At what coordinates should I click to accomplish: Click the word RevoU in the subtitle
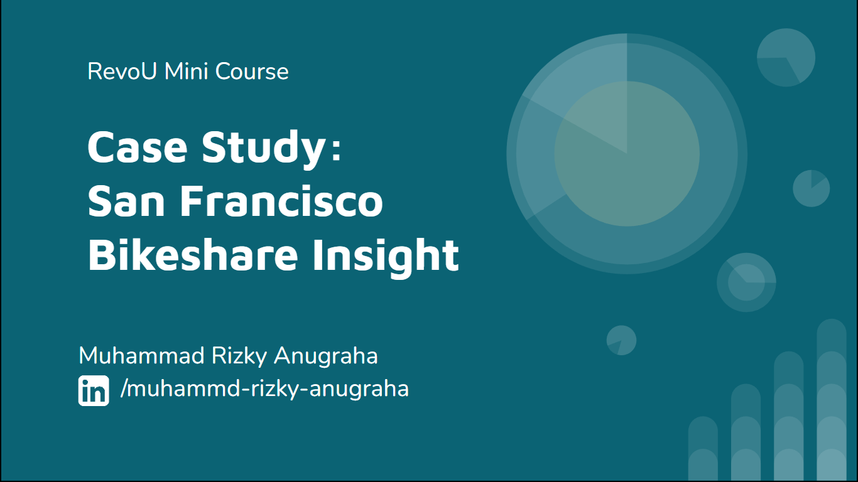pyautogui.click(x=122, y=71)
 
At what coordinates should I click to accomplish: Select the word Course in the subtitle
pyautogui.click(x=252, y=71)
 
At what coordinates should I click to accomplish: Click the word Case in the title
pyautogui.click(x=138, y=147)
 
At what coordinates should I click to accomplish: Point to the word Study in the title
pyautogui.click(x=264, y=149)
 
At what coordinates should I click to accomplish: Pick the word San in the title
pyautogui.click(x=126, y=201)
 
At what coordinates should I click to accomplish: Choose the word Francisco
pyautogui.click(x=281, y=201)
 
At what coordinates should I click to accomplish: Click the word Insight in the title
pyautogui.click(x=386, y=257)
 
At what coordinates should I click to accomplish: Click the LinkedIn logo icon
pyautogui.click(x=94, y=390)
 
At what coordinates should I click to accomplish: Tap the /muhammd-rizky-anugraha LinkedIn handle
pyautogui.click(x=264, y=389)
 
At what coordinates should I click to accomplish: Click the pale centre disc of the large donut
pyautogui.click(x=627, y=154)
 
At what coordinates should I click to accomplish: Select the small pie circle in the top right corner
pyautogui.click(x=786, y=58)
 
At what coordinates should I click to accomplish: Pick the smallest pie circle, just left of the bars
pyautogui.click(x=621, y=340)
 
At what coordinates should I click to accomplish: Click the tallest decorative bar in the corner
pyautogui.click(x=832, y=400)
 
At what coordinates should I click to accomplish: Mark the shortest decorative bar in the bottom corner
pyautogui.click(x=703, y=449)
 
